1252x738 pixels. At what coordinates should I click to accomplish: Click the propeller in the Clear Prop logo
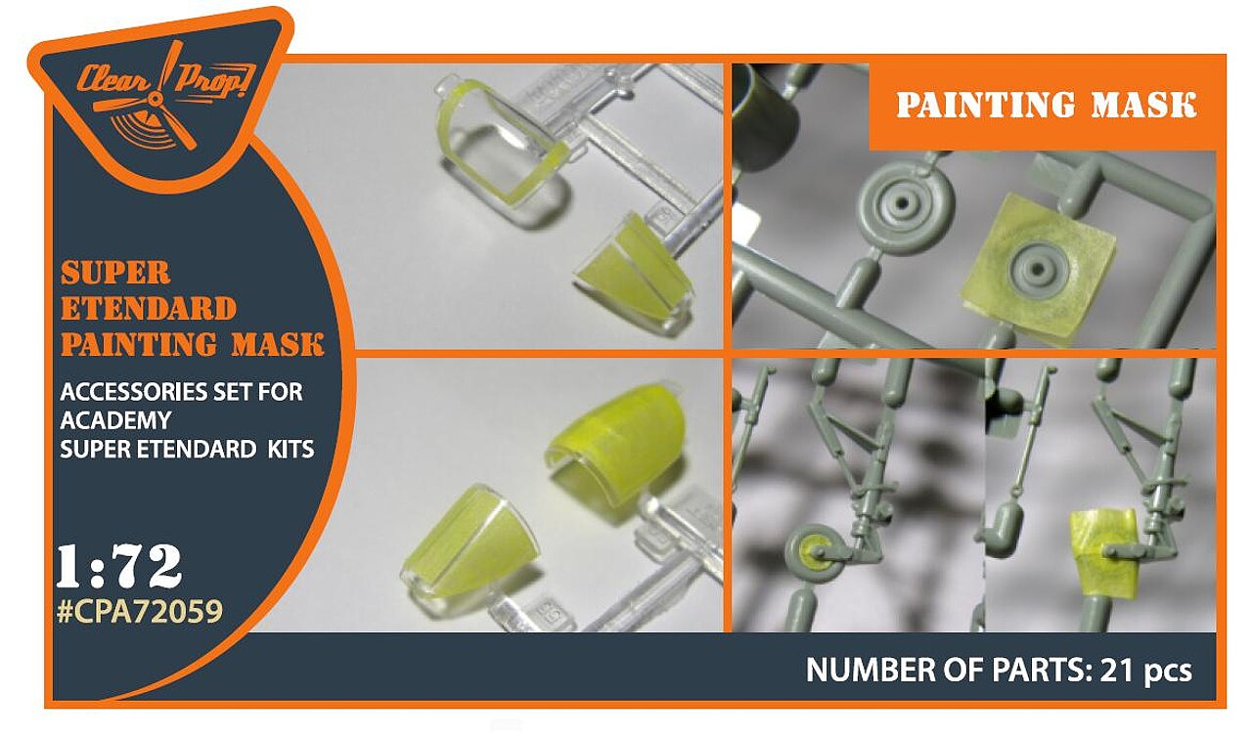[x=158, y=99]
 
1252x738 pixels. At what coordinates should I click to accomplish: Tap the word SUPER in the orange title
[x=115, y=273]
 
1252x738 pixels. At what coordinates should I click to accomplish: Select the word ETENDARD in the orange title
[x=148, y=309]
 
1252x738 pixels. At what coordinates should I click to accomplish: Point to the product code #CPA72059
[x=140, y=612]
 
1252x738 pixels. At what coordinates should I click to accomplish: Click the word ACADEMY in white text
[x=115, y=420]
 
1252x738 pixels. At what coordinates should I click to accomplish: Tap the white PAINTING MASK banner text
[x=1047, y=105]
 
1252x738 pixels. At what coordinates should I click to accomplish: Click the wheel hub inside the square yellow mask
[x=1039, y=270]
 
